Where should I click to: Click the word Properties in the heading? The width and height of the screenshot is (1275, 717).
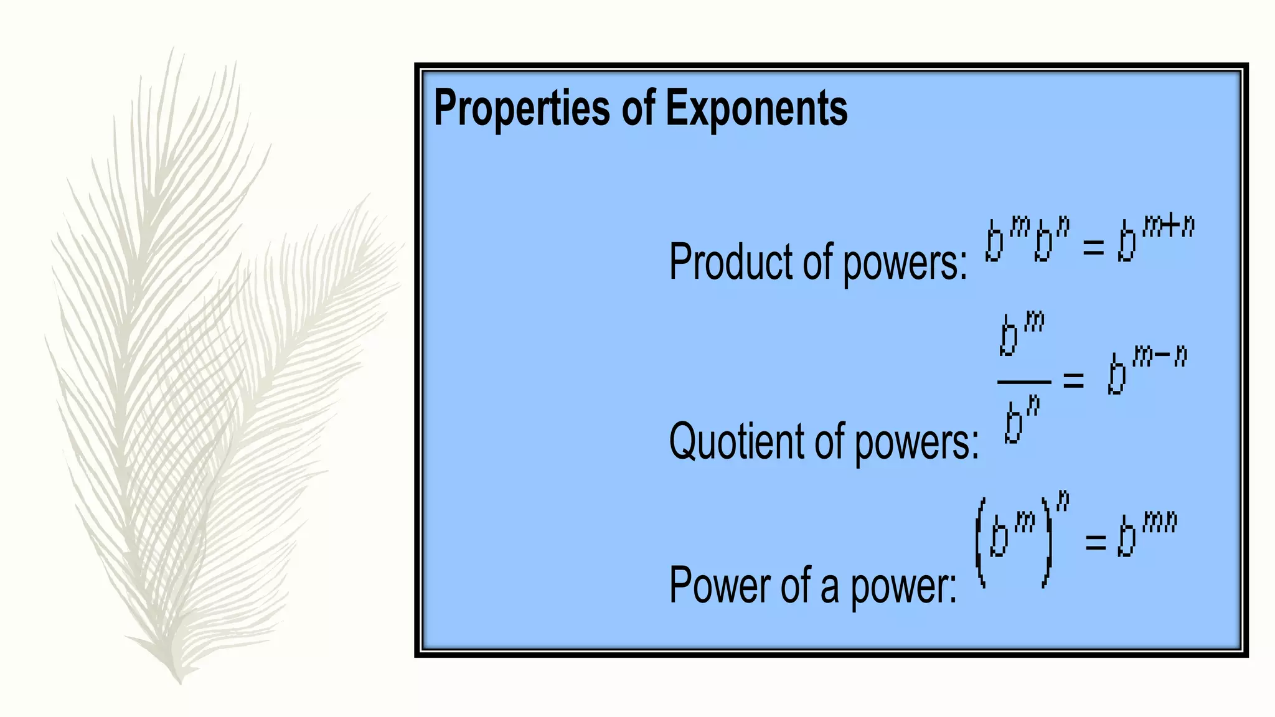pyautogui.click(x=522, y=108)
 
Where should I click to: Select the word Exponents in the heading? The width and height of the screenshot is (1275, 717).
pyautogui.click(x=756, y=108)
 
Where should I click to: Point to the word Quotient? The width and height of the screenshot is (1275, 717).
pyautogui.click(x=735, y=441)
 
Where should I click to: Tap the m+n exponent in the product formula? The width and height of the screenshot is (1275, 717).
pyautogui.click(x=1169, y=227)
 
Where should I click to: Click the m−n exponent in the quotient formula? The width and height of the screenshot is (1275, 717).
pyautogui.click(x=1160, y=357)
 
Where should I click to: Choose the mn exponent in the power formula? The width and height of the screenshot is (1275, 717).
pyautogui.click(x=1160, y=523)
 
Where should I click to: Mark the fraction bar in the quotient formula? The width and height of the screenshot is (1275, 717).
pyautogui.click(x=1024, y=382)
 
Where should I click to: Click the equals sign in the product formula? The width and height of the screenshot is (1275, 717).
pyautogui.click(x=1093, y=247)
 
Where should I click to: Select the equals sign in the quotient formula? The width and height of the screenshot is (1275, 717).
pyautogui.click(x=1073, y=380)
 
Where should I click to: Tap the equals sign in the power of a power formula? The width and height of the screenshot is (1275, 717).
pyautogui.click(x=1096, y=541)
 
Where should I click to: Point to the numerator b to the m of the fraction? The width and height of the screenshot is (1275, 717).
pyautogui.click(x=1021, y=334)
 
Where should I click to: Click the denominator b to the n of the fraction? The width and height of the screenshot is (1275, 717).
pyautogui.click(x=1021, y=421)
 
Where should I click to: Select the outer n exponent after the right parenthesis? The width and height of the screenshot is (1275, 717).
pyautogui.click(x=1063, y=500)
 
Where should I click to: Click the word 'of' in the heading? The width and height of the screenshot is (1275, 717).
pyautogui.click(x=638, y=108)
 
